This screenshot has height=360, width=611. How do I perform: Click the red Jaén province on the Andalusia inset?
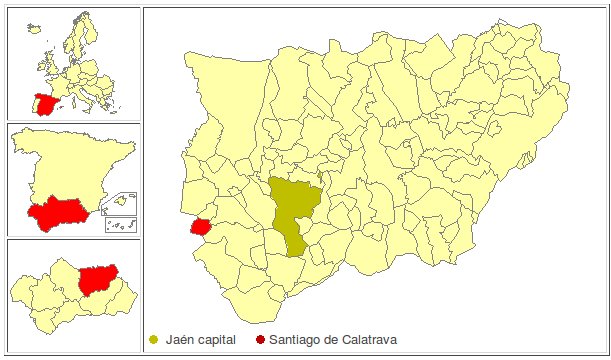point(97,278)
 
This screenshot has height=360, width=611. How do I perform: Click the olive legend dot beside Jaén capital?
point(152,340)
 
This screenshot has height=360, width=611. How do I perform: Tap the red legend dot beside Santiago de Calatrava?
point(261,340)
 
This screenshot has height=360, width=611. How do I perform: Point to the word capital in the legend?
point(217,341)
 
